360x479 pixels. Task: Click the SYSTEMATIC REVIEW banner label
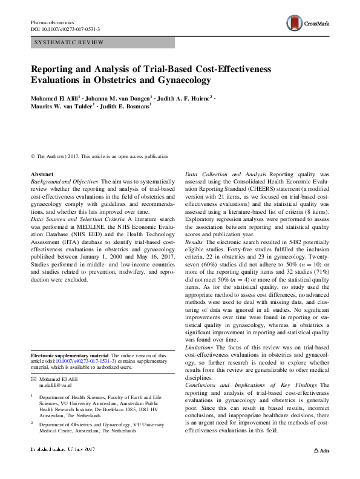tap(70, 42)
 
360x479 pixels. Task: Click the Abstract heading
tap(42, 174)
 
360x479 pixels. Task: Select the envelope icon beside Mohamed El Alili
tap(33, 378)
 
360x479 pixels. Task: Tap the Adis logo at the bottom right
tap(321, 451)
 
